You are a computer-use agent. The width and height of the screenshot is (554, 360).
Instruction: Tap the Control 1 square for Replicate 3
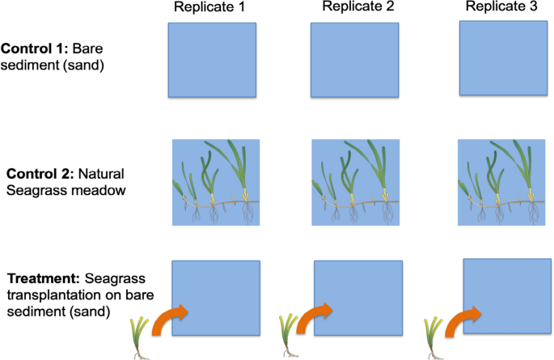[501, 58]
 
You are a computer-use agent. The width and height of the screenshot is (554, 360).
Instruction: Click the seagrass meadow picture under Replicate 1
[215, 182]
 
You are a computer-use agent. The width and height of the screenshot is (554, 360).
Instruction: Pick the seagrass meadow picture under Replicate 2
[355, 182]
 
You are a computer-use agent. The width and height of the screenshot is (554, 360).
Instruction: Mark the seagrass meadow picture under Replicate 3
[501, 182]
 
